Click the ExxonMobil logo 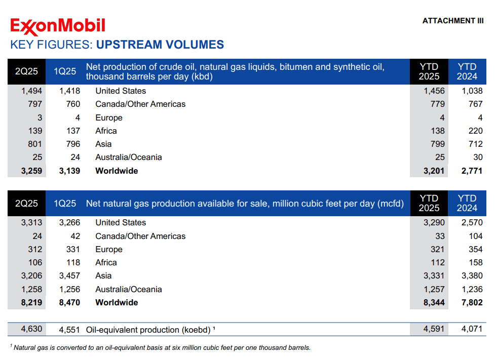click(x=58, y=26)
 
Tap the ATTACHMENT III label click(x=452, y=21)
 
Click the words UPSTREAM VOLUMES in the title click(x=160, y=45)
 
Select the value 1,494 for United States click(x=31, y=91)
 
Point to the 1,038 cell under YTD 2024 click(x=472, y=91)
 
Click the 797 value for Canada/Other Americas click(x=35, y=104)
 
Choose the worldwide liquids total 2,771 click(x=472, y=171)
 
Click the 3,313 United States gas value click(x=31, y=223)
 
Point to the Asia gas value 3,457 click(x=69, y=276)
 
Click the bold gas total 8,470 click(x=69, y=302)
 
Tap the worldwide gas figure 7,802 click(x=472, y=302)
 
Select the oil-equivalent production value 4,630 click(x=31, y=329)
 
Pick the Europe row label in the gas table click(x=109, y=250)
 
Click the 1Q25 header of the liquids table click(x=65, y=71)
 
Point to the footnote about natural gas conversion click(x=162, y=347)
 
